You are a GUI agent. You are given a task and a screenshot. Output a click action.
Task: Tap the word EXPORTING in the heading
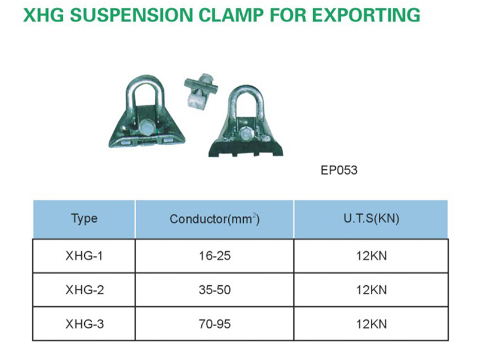point(366,14)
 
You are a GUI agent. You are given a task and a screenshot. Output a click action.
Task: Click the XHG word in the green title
point(44,14)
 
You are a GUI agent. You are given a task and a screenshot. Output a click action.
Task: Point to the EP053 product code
point(339,170)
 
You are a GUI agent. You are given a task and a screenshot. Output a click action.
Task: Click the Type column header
point(84,219)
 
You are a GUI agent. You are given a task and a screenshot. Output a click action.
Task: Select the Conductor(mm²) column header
point(215,219)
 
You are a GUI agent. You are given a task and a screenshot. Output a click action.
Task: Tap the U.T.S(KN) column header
point(371,218)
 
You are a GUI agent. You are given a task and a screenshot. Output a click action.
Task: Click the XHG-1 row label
point(84,256)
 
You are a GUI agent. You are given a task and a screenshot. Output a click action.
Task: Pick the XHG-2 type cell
point(84,290)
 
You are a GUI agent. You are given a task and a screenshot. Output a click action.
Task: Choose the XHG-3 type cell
point(84,324)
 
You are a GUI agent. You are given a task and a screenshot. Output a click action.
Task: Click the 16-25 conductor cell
point(215,256)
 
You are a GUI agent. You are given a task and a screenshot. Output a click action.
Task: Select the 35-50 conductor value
point(215,290)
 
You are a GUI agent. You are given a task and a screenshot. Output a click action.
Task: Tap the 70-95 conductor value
point(215,324)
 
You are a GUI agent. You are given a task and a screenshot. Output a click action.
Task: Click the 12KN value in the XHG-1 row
point(371,256)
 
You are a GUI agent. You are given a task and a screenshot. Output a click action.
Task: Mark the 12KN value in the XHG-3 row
point(371,324)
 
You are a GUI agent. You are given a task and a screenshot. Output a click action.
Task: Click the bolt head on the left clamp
point(146,126)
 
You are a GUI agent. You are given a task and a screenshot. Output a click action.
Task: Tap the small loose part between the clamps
point(200,92)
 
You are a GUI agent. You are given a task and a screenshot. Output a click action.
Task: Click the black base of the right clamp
point(246,148)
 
